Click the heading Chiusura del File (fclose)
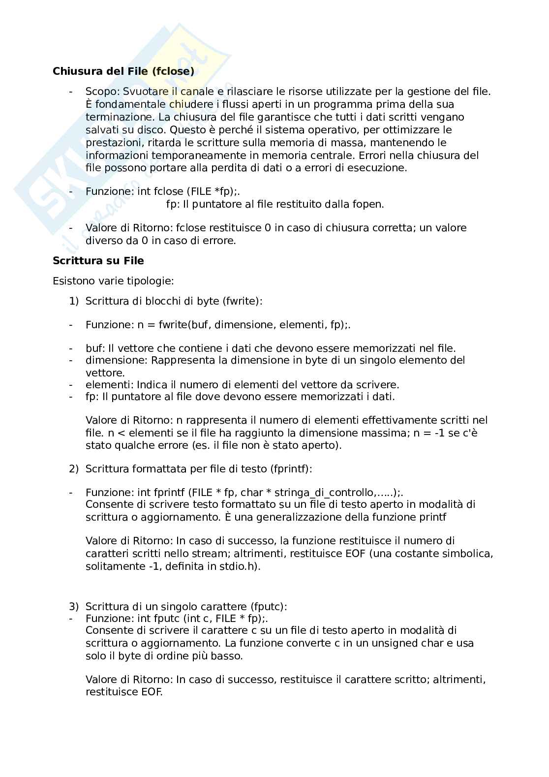point(123,71)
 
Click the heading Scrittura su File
point(98,260)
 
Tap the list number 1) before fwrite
point(73,301)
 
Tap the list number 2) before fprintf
point(73,469)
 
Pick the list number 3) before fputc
point(73,607)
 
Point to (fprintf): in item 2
point(291,469)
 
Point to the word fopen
point(369,204)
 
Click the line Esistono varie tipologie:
point(113,281)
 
